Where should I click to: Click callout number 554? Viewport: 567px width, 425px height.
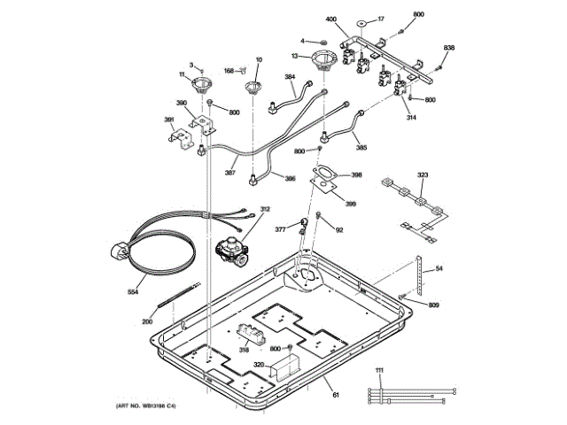click(133, 290)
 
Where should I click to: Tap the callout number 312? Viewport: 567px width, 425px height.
click(264, 209)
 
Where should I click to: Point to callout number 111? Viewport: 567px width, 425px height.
click(379, 368)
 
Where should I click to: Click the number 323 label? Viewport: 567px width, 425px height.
click(423, 176)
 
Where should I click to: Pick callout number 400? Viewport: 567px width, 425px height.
click(331, 19)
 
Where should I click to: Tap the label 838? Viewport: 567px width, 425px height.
click(449, 47)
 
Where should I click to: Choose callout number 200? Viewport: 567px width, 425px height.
click(147, 321)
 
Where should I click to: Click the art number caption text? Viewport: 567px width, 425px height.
click(145, 405)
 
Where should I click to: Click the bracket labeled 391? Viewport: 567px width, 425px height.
click(183, 137)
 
